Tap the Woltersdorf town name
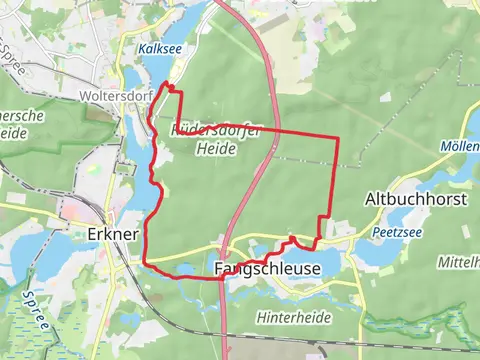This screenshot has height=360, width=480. pos(111,98)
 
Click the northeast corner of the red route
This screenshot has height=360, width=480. pos(337,136)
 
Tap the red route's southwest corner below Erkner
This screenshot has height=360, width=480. pos(147,262)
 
